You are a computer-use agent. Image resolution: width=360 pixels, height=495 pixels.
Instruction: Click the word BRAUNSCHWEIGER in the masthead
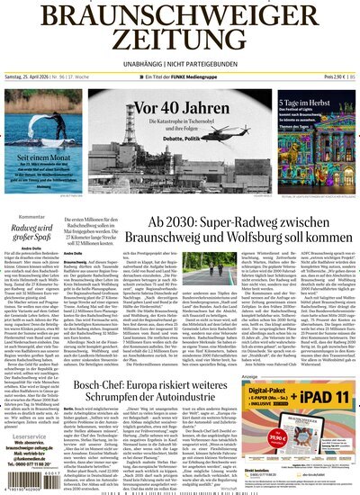(x=180, y=15)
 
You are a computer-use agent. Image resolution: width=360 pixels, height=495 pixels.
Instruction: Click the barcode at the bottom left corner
(x=29, y=472)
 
